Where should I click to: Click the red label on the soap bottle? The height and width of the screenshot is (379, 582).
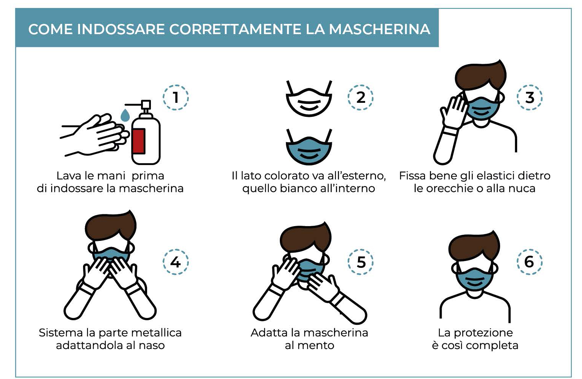138,141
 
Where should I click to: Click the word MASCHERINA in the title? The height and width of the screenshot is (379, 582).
380,29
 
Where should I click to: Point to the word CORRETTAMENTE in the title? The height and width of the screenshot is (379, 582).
235,29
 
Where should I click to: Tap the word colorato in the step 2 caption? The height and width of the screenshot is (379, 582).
287,176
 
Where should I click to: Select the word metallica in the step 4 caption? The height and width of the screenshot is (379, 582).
157,333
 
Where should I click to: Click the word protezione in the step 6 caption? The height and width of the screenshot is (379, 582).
483,333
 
